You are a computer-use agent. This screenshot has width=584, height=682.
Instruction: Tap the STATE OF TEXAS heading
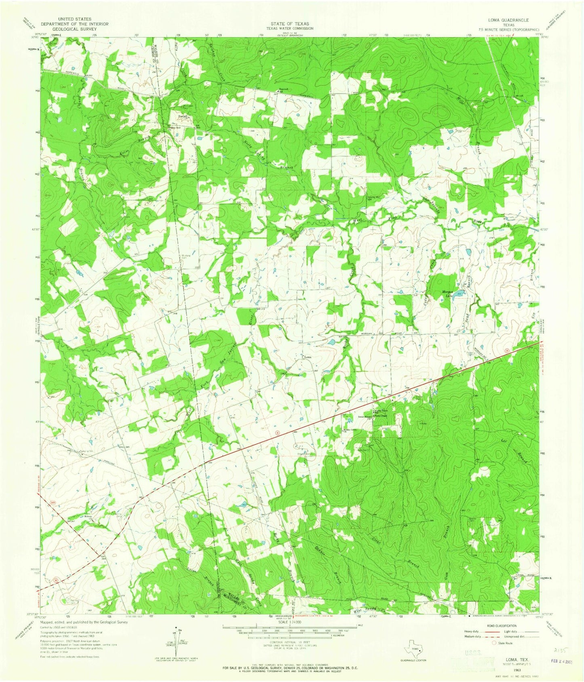(287, 24)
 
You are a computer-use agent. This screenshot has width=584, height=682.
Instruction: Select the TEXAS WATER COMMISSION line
(287, 29)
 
